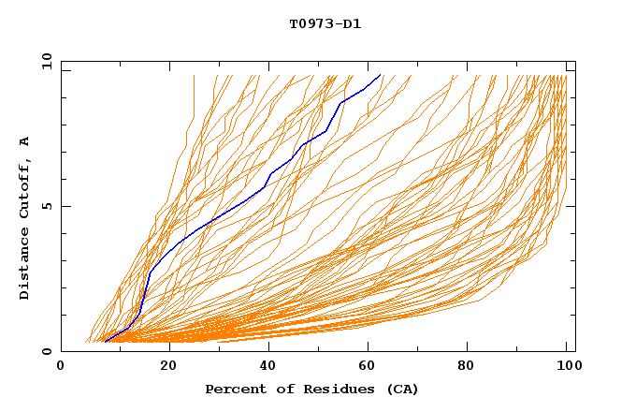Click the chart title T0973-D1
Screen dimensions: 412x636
tap(325, 23)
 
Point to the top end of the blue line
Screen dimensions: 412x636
tap(380, 75)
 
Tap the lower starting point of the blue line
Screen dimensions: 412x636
tap(106, 341)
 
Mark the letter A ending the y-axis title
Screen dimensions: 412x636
tap(25, 141)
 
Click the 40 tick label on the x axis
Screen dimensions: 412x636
tap(268, 366)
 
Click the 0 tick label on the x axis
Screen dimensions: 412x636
tap(61, 366)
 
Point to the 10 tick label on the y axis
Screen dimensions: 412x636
tap(45, 61)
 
